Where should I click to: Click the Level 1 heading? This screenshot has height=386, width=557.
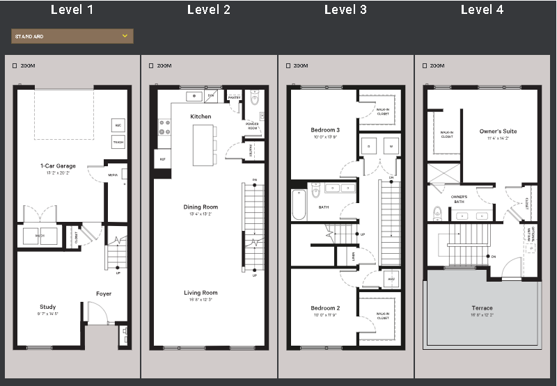click(x=72, y=10)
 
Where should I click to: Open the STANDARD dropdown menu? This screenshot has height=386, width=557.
click(x=72, y=36)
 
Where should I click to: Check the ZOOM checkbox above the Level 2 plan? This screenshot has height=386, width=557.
click(x=150, y=66)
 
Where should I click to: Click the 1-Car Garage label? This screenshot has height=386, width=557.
click(x=58, y=166)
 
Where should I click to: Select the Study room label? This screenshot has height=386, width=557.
click(x=48, y=307)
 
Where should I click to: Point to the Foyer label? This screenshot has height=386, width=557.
click(x=104, y=293)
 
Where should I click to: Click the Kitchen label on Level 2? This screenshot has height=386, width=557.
click(x=201, y=116)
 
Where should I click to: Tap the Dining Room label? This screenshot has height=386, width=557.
click(x=201, y=207)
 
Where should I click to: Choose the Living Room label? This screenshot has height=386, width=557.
click(x=201, y=293)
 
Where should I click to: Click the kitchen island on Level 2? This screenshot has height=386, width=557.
click(x=204, y=145)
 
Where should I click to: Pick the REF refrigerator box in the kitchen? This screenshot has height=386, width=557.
click(x=162, y=159)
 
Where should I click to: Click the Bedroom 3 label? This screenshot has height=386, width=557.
click(x=325, y=130)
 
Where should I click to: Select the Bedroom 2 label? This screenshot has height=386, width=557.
click(x=325, y=307)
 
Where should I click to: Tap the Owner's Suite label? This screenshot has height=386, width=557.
click(x=498, y=131)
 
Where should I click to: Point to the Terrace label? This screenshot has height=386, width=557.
click(x=482, y=307)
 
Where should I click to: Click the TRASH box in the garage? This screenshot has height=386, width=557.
click(x=118, y=143)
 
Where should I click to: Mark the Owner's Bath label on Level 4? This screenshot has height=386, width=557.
click(x=459, y=198)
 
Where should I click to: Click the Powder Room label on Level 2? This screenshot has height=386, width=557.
click(x=252, y=126)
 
